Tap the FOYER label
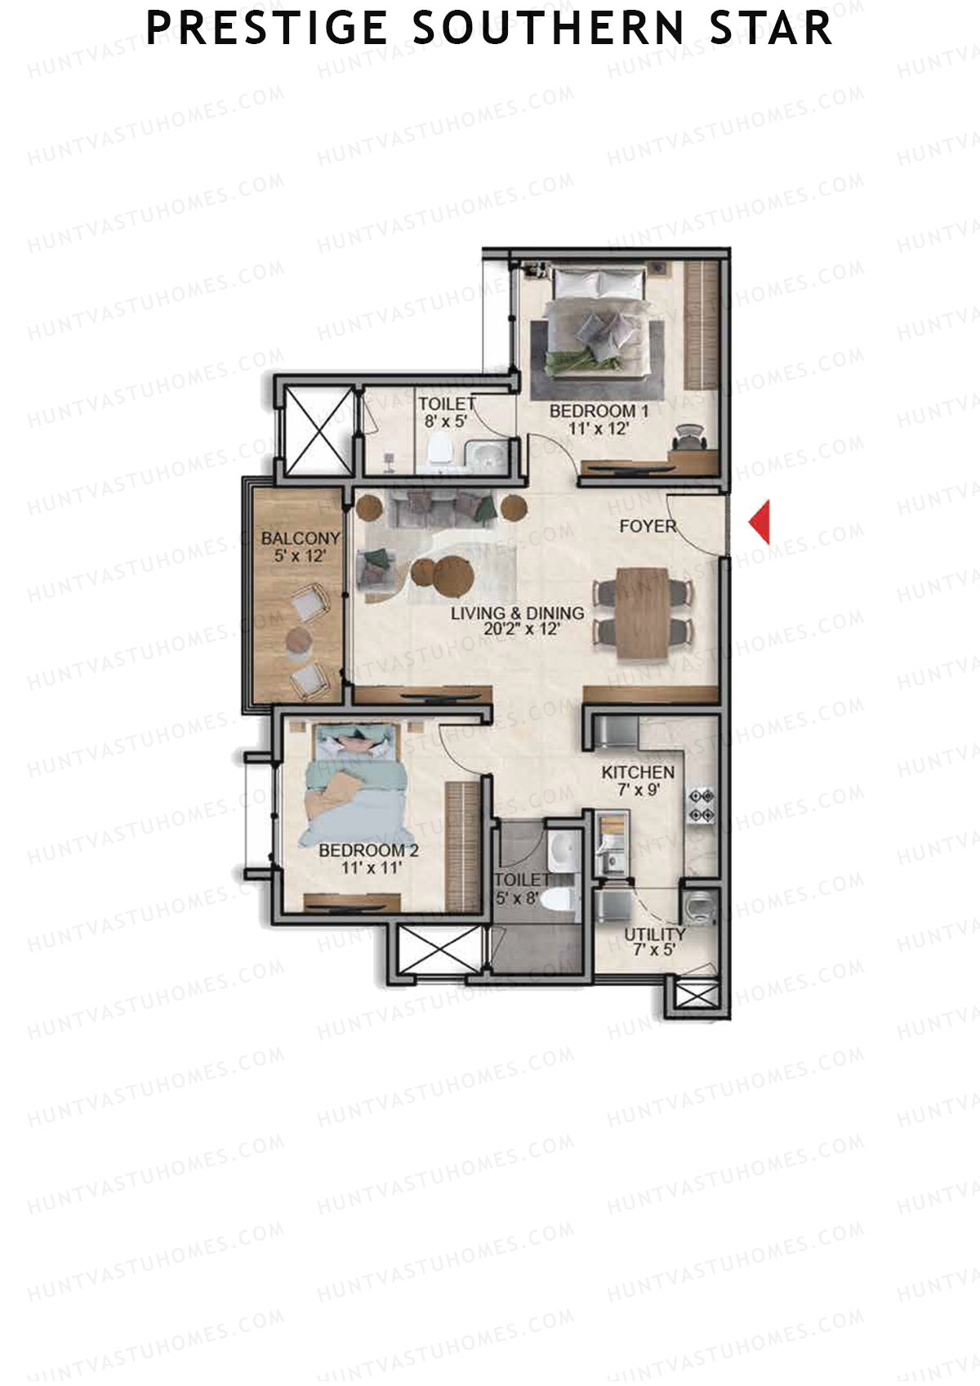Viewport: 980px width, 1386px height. click(648, 526)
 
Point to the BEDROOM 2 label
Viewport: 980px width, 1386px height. click(368, 850)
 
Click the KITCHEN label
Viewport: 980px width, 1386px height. click(638, 773)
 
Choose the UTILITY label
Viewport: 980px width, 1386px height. click(655, 934)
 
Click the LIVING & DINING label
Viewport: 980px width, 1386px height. click(518, 613)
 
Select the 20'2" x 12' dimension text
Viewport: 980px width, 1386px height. click(518, 630)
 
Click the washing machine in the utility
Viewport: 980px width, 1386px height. click(699, 906)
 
